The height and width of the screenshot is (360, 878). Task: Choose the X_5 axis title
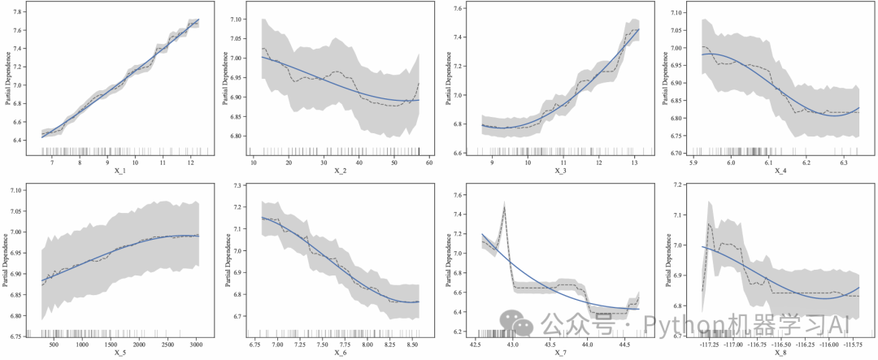[x=120, y=353]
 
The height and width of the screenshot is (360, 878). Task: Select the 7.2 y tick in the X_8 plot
[x=678, y=186]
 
